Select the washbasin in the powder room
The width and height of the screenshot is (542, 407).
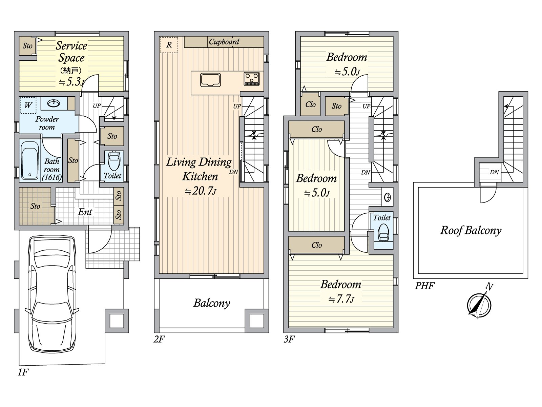[x=54, y=103]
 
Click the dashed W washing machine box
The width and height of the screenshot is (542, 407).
[x=28, y=105]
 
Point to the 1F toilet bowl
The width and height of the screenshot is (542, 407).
[x=114, y=160]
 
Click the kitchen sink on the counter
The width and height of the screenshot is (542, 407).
[x=210, y=80]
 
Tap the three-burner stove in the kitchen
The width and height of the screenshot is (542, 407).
[x=252, y=79]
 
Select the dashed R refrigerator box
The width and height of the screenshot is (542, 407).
[x=169, y=45]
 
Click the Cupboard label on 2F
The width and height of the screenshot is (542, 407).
[x=224, y=42]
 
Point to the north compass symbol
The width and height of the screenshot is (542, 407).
[x=479, y=305]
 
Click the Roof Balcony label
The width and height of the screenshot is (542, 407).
[x=471, y=231]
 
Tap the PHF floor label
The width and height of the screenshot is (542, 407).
[x=424, y=286]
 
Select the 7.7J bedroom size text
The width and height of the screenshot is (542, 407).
[x=341, y=299]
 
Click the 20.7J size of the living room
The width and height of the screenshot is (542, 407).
[x=201, y=191]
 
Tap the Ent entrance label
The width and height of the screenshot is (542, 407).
[x=85, y=212]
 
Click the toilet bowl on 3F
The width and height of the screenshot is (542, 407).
[x=383, y=232]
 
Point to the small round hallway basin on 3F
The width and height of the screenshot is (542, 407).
[x=388, y=197]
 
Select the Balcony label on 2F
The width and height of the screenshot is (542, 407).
[x=212, y=303]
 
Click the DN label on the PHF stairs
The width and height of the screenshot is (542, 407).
[x=494, y=172]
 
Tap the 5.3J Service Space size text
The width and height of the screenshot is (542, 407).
[x=71, y=82]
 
